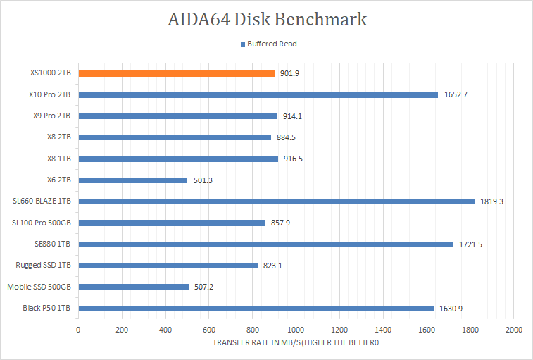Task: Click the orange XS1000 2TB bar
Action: (176, 73)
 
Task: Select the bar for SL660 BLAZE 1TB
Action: (276, 201)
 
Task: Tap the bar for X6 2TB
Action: (132, 180)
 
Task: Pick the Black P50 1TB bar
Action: (256, 308)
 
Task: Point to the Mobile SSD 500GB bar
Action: (133, 287)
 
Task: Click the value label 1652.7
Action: (456, 94)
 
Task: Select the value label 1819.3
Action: (492, 201)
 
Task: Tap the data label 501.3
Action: (203, 180)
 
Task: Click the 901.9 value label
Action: (290, 73)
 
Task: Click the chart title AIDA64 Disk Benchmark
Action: (266, 19)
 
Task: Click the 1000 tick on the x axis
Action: (296, 330)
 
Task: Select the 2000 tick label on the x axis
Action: (513, 330)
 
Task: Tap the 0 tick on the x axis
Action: (78, 330)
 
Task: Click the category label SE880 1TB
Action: (54, 244)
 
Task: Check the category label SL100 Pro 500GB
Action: (42, 223)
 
